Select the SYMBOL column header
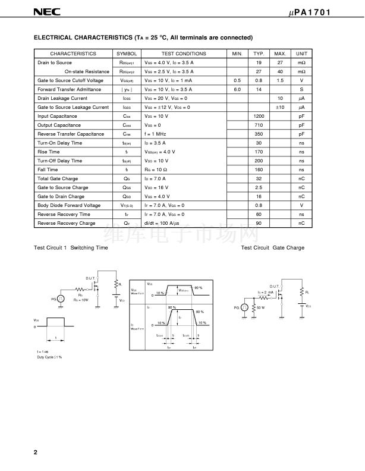pos(127,54)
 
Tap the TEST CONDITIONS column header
pos(184,54)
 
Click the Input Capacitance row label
pos(57,116)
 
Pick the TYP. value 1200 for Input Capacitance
pos(259,116)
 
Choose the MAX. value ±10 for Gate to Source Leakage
pos(280,107)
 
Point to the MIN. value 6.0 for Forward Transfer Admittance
pos(237,89)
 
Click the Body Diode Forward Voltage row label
pos(69,205)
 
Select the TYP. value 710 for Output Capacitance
pos(259,125)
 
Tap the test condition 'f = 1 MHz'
pos(158,134)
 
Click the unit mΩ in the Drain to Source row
pos(301,62)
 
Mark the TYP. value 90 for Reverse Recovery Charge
pos(259,223)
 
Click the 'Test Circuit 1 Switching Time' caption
pos(71,247)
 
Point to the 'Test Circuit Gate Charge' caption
pos(272,247)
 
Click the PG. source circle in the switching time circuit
pos(60,299)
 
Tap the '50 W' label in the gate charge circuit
pos(260,307)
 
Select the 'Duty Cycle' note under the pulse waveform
pos(49,357)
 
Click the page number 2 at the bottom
pos(36,453)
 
